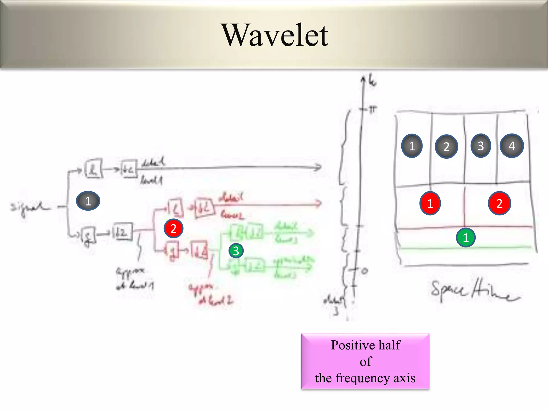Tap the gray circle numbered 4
click(x=512, y=146)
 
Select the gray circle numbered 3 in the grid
click(x=481, y=146)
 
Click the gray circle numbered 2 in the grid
click(x=446, y=147)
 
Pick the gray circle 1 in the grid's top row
click(x=412, y=146)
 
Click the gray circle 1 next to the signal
click(x=88, y=201)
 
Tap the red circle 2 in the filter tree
click(x=173, y=229)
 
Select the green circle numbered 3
click(x=236, y=251)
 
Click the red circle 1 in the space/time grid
click(x=430, y=204)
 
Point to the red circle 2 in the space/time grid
click(x=499, y=204)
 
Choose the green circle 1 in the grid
click(x=466, y=238)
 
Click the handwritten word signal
click(x=29, y=208)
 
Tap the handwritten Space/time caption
click(x=474, y=292)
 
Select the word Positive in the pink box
click(x=348, y=345)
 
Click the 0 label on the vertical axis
click(x=365, y=271)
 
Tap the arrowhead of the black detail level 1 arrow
click(x=318, y=167)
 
